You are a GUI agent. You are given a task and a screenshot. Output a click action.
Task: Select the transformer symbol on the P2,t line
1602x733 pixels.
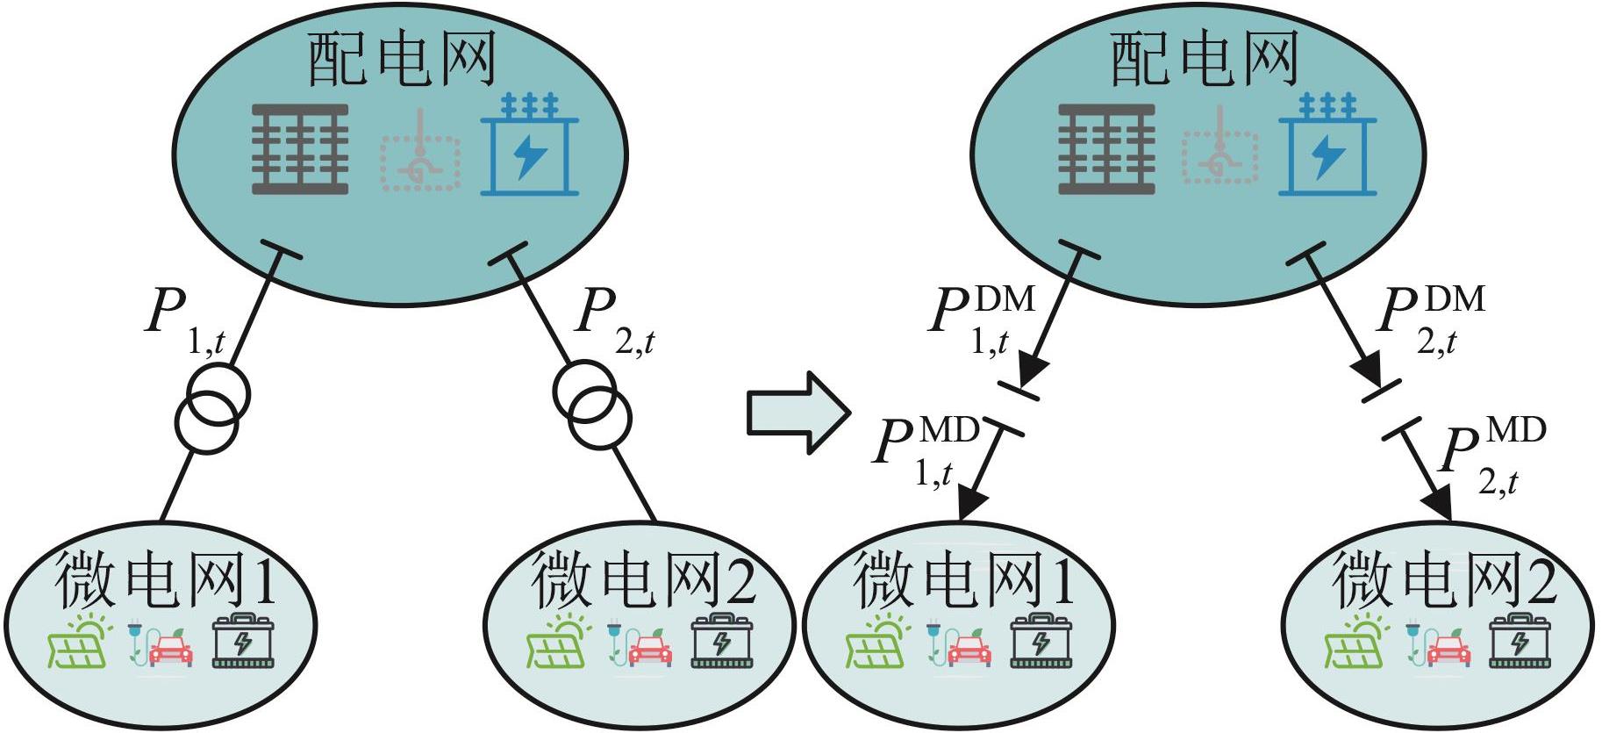[x=592, y=404]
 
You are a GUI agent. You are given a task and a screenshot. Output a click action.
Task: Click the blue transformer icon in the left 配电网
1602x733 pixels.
[x=529, y=147]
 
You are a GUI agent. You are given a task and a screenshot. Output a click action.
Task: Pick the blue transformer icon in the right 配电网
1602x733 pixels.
[x=1327, y=147]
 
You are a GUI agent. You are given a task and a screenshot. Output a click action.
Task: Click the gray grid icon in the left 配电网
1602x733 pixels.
[x=300, y=149]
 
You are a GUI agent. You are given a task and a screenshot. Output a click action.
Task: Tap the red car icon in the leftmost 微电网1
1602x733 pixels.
[x=170, y=650]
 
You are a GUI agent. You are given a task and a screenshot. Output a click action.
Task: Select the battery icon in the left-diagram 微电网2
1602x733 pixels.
[x=721, y=643]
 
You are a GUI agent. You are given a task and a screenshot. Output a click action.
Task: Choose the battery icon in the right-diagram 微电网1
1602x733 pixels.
[x=1041, y=643]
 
